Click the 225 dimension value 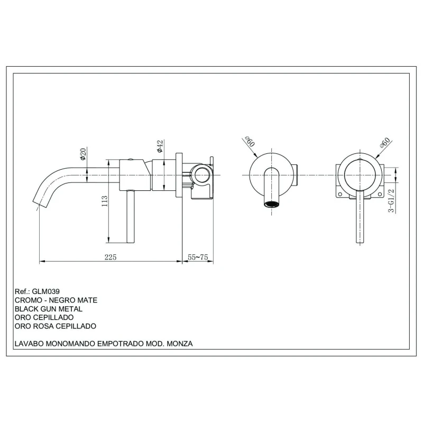click(111, 257)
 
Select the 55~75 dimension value click(198, 257)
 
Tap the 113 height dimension click(104, 201)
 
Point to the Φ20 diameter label click(83, 154)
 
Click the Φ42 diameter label click(160, 146)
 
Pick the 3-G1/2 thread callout click(391, 200)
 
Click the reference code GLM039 click(45, 291)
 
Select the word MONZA click(180, 344)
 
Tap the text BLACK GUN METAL click(49, 309)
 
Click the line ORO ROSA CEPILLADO click(56, 326)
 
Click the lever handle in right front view click(360, 217)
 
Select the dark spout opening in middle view click(271, 204)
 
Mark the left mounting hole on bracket click(340, 194)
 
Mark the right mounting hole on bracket click(380, 194)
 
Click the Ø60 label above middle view click(250, 142)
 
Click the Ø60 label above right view click(384, 142)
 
